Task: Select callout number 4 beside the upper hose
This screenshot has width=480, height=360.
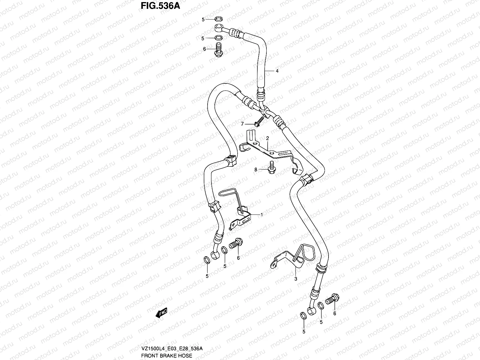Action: coord(277,71)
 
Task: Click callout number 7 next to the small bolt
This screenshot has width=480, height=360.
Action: coord(242,124)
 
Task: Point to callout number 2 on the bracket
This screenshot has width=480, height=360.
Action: coord(267,138)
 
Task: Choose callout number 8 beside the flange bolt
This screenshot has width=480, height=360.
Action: coord(256,169)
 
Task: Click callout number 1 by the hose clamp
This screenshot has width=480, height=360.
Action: coord(261,214)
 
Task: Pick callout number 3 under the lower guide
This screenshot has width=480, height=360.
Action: coord(295,279)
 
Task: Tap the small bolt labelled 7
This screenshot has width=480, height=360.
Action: coord(258,121)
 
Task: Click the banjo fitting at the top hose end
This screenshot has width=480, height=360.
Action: coord(219,29)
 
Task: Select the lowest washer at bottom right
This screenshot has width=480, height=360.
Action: coord(303,315)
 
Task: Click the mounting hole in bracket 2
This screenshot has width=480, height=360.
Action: coord(271,154)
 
